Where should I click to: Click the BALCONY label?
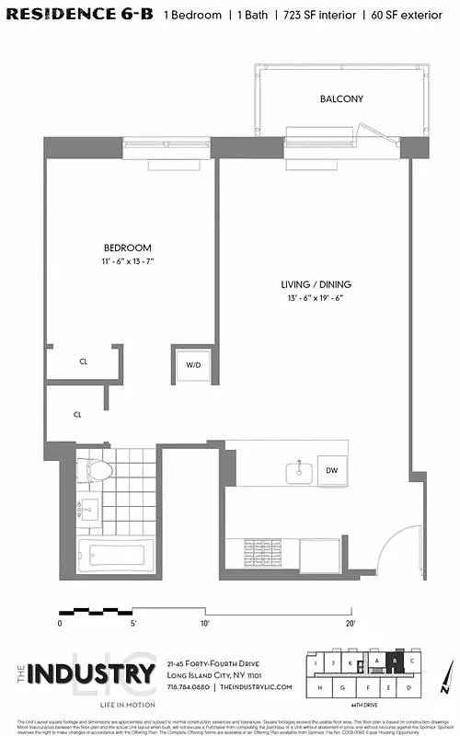pos(341,98)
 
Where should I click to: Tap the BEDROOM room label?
pos(127,248)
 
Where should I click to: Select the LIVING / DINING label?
pos(316,284)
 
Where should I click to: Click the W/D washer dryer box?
pos(193,365)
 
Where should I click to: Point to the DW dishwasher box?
pos(331,470)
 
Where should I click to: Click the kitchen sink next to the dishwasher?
pos(298,472)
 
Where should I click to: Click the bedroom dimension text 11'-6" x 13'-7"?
pos(127,262)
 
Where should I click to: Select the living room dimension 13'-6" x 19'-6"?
pos(316,298)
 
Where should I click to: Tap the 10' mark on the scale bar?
pos(204,623)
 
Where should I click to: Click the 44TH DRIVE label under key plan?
pos(372,702)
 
